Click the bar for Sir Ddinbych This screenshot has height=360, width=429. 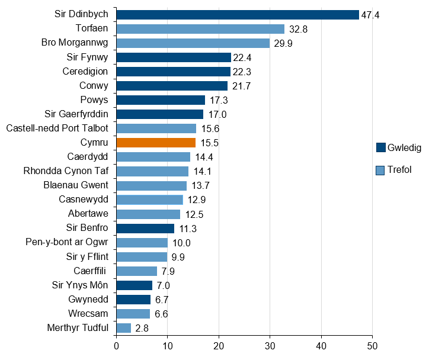coord(237,14)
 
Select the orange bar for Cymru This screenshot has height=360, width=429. coord(156,143)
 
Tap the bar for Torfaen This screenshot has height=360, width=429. coord(200,28)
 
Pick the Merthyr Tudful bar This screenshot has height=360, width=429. coord(123,328)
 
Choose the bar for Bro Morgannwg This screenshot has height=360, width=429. coord(193,43)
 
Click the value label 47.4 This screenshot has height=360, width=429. coord(370,15)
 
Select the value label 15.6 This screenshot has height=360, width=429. coord(207,128)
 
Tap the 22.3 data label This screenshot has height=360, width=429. coord(242,72)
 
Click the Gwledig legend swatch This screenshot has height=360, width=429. coord(381,147)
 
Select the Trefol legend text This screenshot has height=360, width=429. coord(399,171)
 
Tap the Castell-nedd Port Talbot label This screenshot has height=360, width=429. coord(57,128)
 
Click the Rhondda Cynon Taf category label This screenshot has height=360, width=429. coord(66,171)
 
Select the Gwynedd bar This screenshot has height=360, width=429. coord(133,300)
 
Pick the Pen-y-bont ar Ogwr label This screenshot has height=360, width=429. coord(67,242)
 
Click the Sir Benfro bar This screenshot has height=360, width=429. coord(145,228)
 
